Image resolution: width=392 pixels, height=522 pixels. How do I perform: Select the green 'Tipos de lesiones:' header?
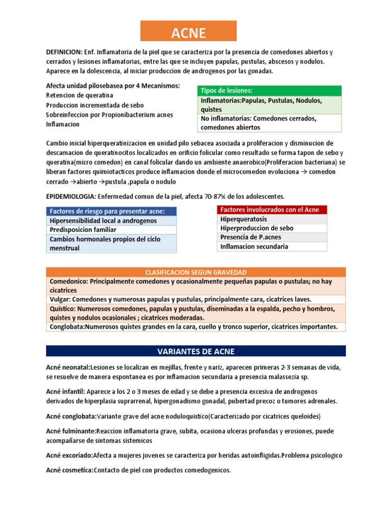[x=223, y=91]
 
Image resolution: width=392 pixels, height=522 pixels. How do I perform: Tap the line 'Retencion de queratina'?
[x=80, y=95]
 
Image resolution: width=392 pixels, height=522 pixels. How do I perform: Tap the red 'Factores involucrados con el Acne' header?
[x=269, y=210]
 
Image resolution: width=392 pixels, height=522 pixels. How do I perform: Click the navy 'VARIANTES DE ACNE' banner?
[x=196, y=351]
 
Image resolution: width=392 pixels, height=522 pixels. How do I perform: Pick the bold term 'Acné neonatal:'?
[x=68, y=368]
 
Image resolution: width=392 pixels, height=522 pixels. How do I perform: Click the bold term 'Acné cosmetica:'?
[x=69, y=470]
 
